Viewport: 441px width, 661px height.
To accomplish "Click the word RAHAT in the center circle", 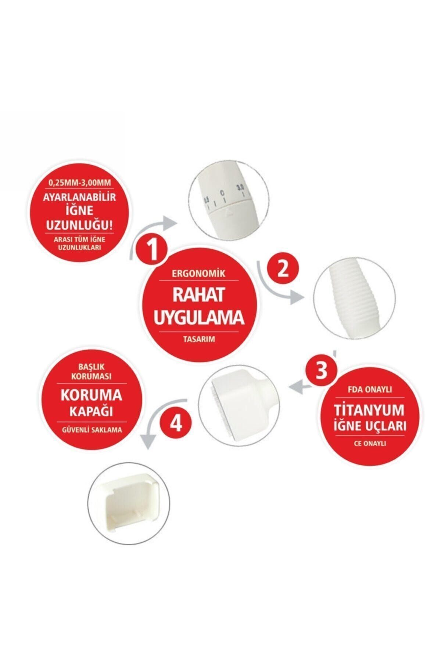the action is pos(199,295).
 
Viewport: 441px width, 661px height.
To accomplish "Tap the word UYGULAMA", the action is pos(199,318).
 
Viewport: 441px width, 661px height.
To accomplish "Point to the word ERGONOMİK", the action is pos(199,274).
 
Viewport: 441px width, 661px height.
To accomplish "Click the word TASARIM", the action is pos(199,340).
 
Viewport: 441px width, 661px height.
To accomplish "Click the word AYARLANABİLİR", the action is pos(80,197).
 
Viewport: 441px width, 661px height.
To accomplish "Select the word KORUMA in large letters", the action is pos(91,395).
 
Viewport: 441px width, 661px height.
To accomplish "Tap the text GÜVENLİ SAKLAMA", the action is pos(91,430).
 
